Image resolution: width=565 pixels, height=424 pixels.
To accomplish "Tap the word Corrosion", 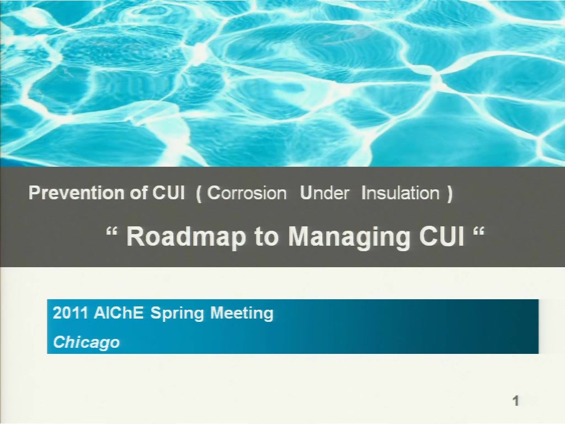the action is pos(247,193).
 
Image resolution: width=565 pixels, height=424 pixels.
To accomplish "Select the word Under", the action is pos(324,193).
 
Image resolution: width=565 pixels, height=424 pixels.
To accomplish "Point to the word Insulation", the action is pos(401,193).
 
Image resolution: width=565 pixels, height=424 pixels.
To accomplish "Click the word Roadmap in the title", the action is pos(186,236).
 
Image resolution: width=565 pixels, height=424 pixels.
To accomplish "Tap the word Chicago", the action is pos(87,342).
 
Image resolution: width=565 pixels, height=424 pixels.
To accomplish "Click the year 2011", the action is pos(71,312).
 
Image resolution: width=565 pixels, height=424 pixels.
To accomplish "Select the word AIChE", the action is pos(119,312).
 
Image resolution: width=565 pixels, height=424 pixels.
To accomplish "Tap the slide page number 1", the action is pos(516,401).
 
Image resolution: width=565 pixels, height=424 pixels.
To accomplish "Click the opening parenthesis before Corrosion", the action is pos(199,194).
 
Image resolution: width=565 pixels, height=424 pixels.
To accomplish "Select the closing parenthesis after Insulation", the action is pos(449,194).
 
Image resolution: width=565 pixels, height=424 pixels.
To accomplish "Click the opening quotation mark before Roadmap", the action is pos(112,232).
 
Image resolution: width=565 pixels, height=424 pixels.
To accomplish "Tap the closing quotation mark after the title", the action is pos(479,232).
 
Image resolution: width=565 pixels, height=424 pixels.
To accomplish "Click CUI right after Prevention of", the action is pos(168,193).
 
